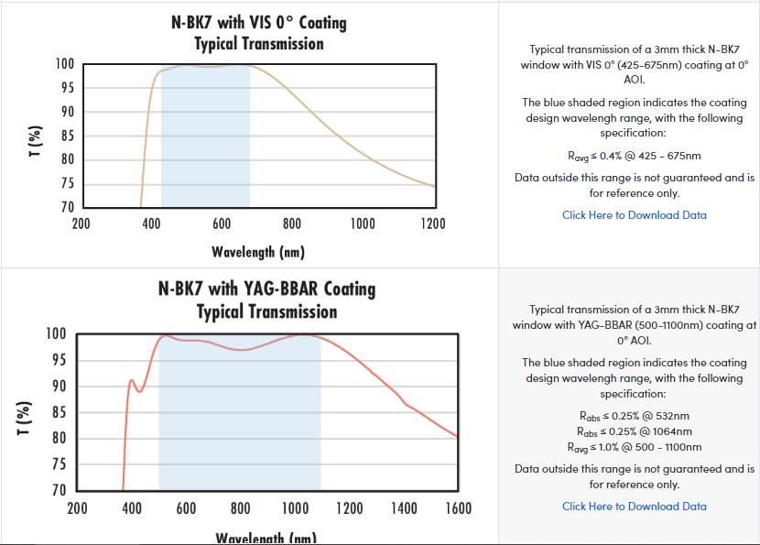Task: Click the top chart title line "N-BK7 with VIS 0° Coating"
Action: (259, 21)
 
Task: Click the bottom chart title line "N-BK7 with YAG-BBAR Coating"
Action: (267, 289)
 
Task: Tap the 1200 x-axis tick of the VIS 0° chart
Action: (432, 224)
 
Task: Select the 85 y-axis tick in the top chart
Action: (66, 136)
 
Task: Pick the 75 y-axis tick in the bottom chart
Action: (57, 464)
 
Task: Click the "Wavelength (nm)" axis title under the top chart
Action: (258, 252)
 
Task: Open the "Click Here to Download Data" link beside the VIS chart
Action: (634, 215)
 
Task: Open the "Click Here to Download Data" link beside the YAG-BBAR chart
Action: (634, 507)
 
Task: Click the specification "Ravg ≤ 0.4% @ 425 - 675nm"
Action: (634, 156)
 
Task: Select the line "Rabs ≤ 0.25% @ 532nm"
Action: (634, 416)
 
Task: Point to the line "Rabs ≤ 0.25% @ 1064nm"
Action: (634, 431)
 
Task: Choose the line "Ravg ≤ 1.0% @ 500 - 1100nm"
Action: (634, 447)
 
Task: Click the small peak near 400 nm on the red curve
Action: (131, 380)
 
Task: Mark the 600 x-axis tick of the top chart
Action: (221, 224)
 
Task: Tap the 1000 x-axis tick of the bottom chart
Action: (295, 508)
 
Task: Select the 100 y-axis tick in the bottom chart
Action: (57, 333)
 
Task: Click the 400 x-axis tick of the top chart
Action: (151, 224)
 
